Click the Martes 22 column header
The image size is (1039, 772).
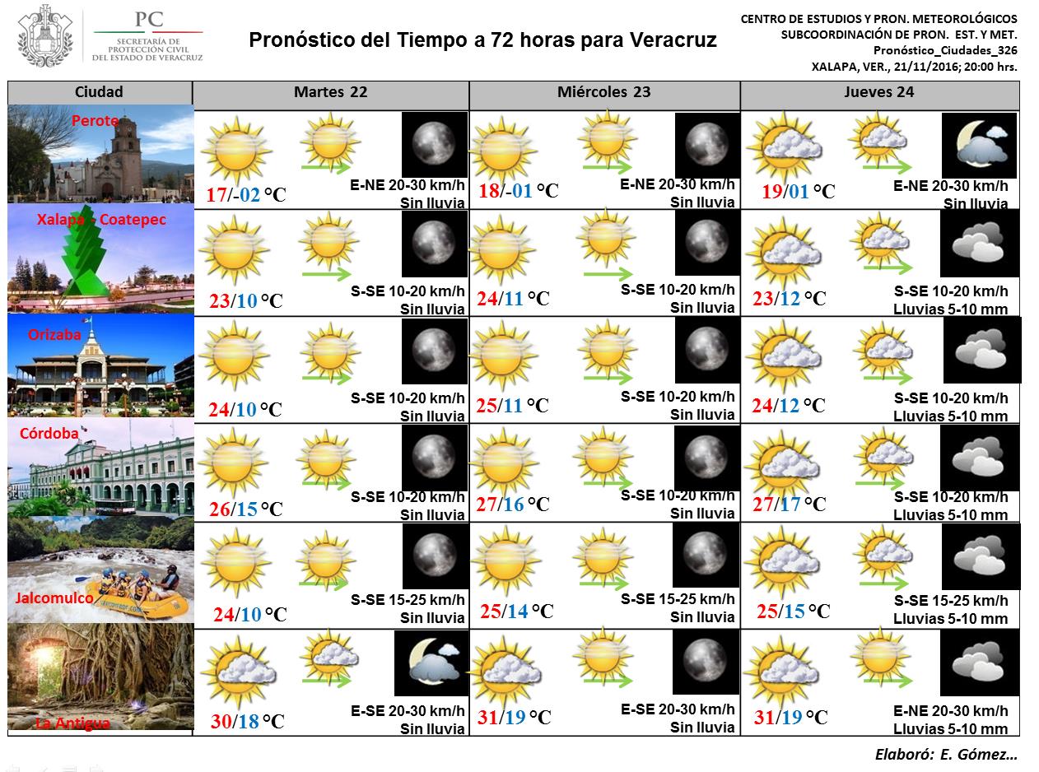click(330, 92)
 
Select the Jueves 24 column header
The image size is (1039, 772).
click(879, 92)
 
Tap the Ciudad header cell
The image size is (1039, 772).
click(99, 92)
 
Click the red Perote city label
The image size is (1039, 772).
click(95, 121)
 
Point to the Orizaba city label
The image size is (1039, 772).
click(54, 335)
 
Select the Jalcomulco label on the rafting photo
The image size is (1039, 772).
click(54, 598)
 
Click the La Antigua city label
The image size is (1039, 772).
click(72, 723)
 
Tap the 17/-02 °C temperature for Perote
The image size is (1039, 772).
click(246, 195)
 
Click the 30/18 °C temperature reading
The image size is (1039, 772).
click(247, 722)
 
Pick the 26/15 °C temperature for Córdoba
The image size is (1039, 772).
click(245, 509)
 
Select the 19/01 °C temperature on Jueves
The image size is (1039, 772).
click(798, 192)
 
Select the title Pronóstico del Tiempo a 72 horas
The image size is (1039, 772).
click(482, 40)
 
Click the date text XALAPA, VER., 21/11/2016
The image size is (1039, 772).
click(914, 67)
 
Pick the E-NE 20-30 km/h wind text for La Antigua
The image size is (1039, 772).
click(950, 711)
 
